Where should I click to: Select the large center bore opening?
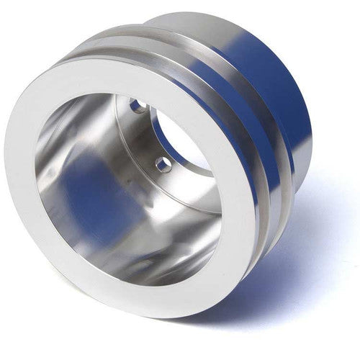(x=180, y=137)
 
